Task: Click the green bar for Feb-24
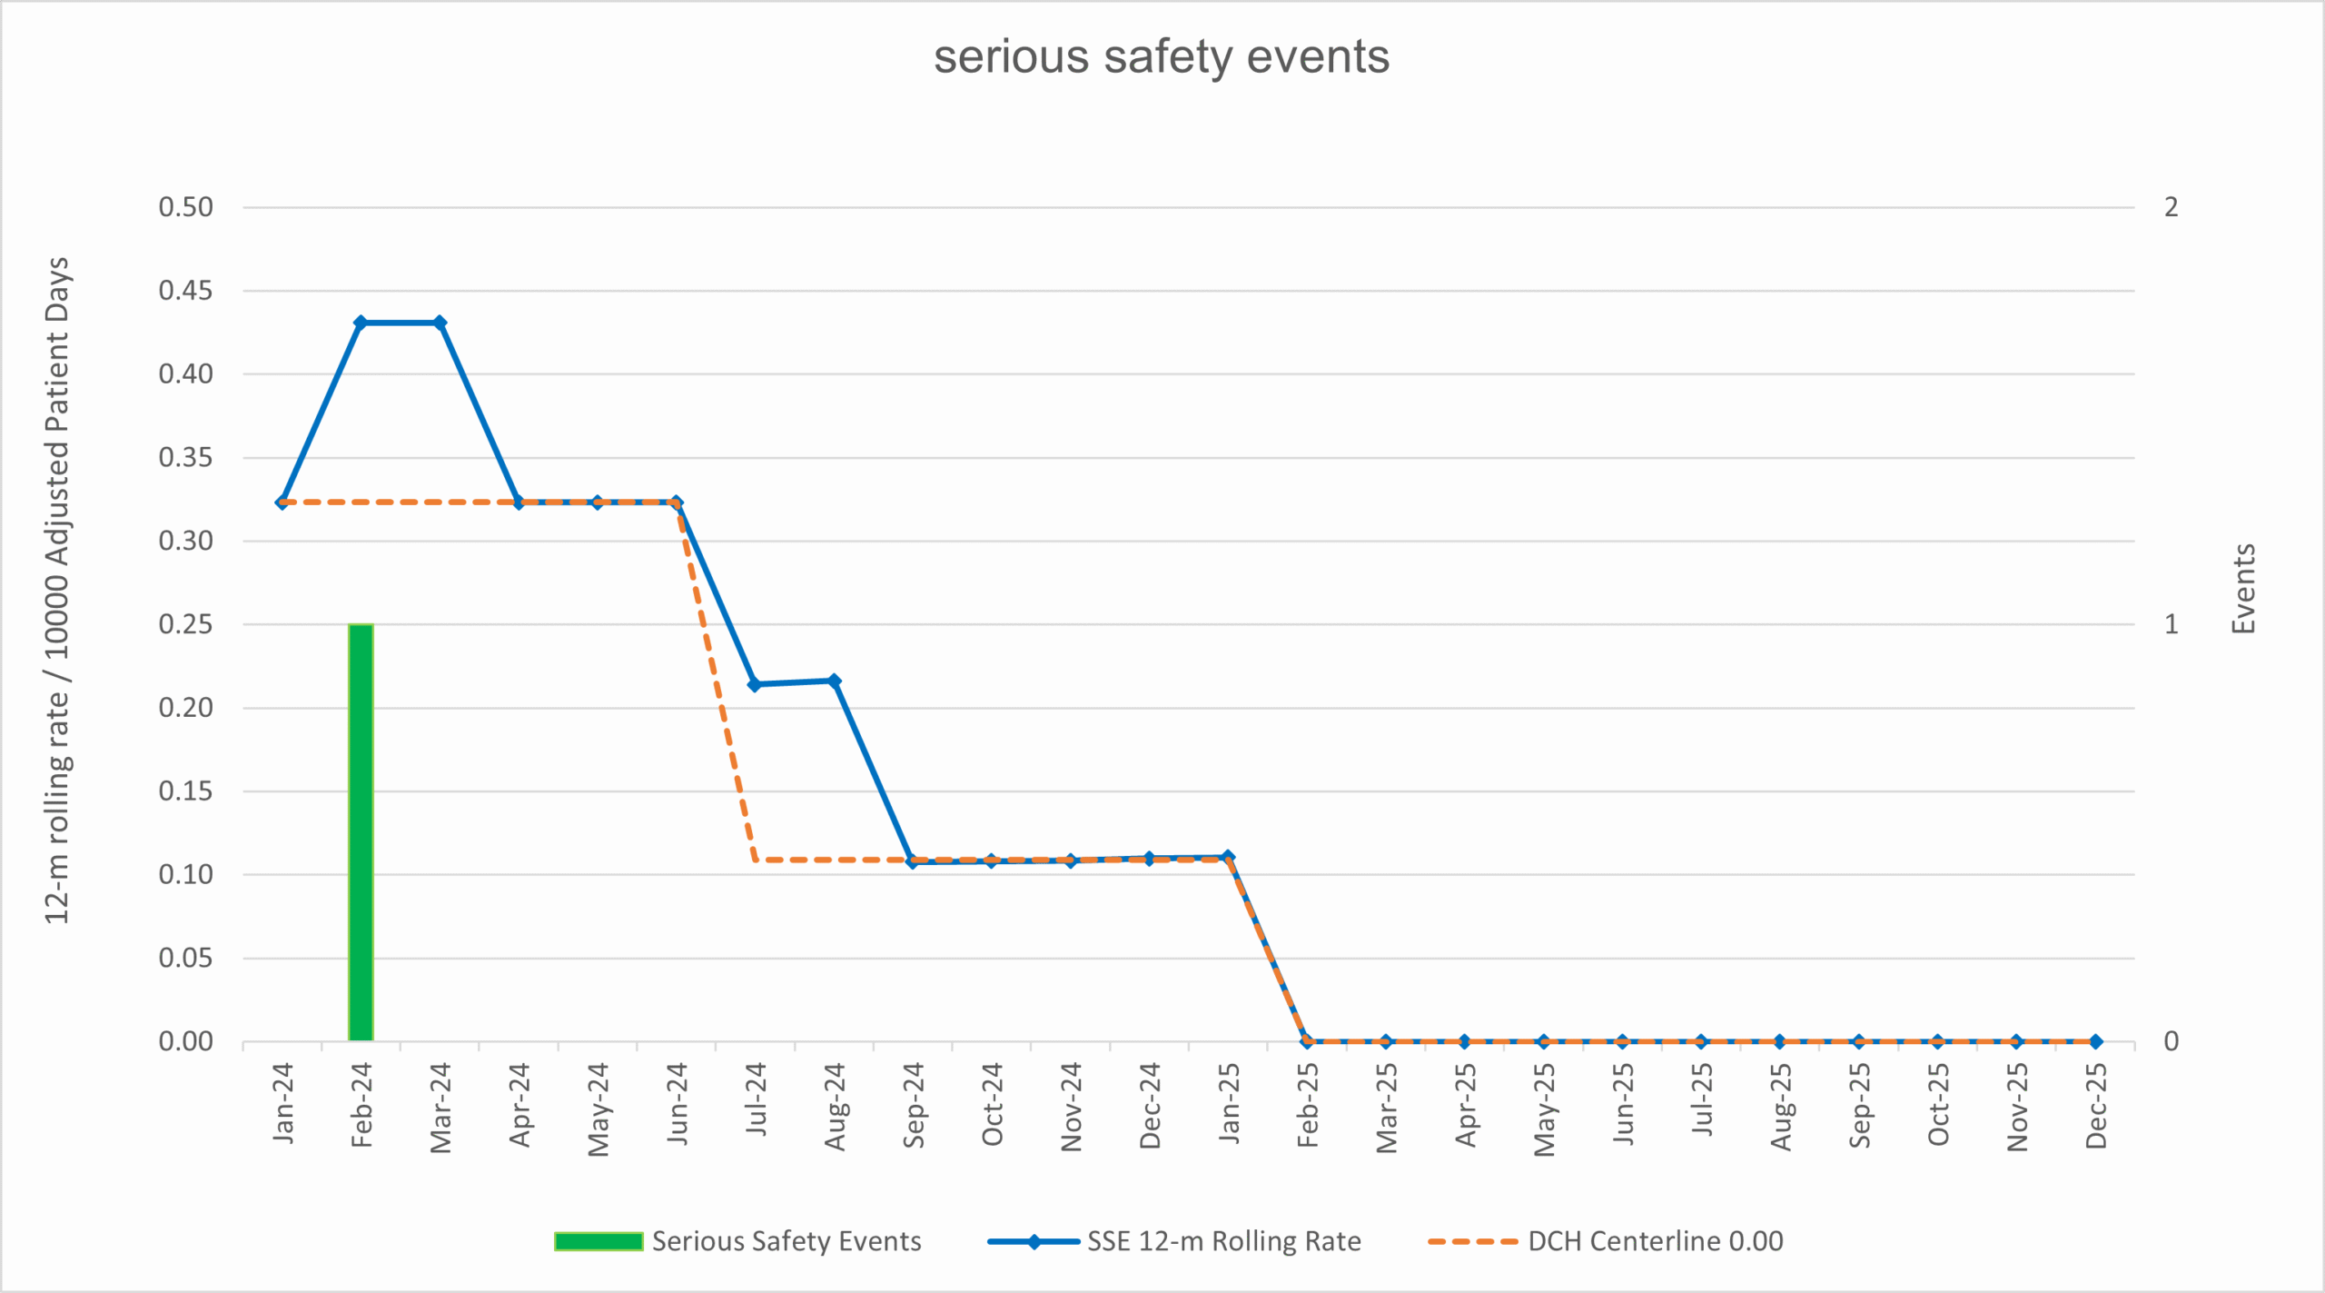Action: pyautogui.click(x=361, y=831)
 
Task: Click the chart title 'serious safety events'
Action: pyautogui.click(x=1162, y=56)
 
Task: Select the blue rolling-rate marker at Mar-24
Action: pyautogui.click(x=440, y=323)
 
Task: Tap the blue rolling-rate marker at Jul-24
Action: pyautogui.click(x=755, y=684)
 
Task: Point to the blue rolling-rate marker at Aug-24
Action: pyautogui.click(x=834, y=681)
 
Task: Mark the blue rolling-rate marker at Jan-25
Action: pyautogui.click(x=1228, y=857)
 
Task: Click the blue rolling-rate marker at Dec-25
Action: pyautogui.click(x=2095, y=1041)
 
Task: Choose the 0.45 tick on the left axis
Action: pyautogui.click(x=185, y=291)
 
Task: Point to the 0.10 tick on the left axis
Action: pyautogui.click(x=185, y=874)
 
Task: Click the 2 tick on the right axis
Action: pyautogui.click(x=2171, y=207)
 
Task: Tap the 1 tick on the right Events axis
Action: pyautogui.click(x=2171, y=624)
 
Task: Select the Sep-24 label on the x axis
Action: pyautogui.click(x=914, y=1105)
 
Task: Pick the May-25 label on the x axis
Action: pyautogui.click(x=1544, y=1109)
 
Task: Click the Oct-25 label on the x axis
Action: pyautogui.click(x=1938, y=1105)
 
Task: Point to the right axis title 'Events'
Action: pyautogui.click(x=2244, y=589)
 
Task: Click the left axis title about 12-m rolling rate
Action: pyautogui.click(x=57, y=591)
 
